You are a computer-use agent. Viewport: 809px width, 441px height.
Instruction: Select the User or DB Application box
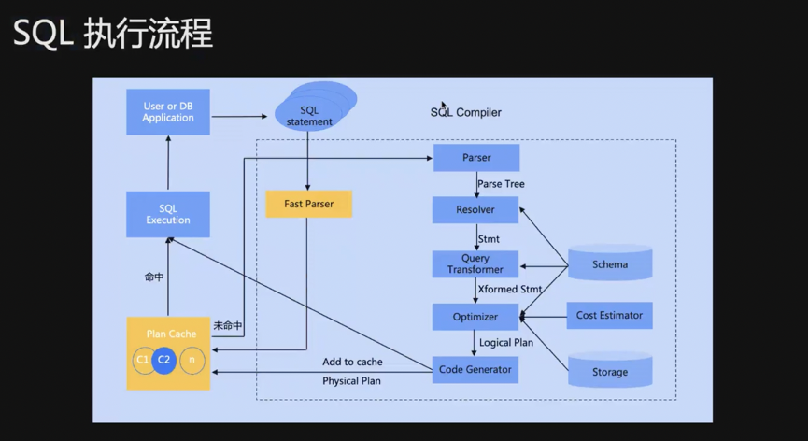tap(168, 112)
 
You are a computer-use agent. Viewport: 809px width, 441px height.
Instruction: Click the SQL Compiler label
tap(465, 112)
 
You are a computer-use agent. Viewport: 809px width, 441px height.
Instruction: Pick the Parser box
tap(475, 158)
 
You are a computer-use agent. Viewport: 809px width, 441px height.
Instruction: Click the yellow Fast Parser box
tap(308, 204)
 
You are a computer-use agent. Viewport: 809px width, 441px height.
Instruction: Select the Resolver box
tap(475, 210)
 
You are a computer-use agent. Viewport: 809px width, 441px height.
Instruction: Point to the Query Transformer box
tap(475, 264)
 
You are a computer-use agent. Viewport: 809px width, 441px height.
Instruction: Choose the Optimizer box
tap(475, 317)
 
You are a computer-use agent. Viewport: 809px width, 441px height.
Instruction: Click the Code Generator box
tap(475, 369)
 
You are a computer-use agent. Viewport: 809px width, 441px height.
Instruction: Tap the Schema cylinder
tap(610, 264)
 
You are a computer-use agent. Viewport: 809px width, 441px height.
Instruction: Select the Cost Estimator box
tap(609, 316)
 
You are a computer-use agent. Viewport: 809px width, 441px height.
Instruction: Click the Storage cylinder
tap(610, 371)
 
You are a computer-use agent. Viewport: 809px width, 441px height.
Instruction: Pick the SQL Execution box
tap(168, 215)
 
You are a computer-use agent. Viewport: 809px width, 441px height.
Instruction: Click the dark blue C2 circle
tap(164, 360)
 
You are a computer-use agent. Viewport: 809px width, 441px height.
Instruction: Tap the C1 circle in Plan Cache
tap(142, 360)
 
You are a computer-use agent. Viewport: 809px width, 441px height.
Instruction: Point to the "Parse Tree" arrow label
tap(501, 184)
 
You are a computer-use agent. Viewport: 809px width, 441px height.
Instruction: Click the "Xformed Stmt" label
tap(509, 290)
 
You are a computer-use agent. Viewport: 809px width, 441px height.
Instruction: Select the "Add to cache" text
tap(352, 362)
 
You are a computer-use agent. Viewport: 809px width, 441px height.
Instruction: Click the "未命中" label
tap(227, 326)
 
